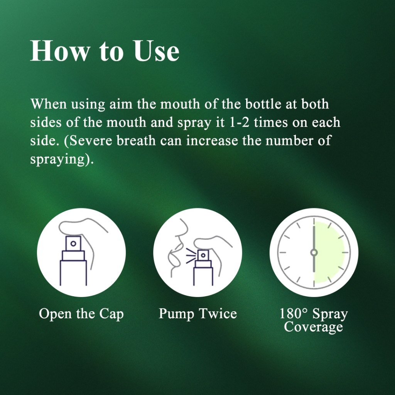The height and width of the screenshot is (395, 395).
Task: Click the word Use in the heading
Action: point(157,51)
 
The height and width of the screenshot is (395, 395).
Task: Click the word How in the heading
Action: point(60,51)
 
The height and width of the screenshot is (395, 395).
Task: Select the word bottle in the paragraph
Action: point(263,104)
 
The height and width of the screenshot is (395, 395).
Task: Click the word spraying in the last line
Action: point(57,160)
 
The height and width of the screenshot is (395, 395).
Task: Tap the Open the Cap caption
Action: point(81,314)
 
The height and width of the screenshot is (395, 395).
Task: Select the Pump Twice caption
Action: point(198,314)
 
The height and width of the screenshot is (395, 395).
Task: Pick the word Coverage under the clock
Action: point(313,327)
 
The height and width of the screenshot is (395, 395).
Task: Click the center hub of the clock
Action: point(314,252)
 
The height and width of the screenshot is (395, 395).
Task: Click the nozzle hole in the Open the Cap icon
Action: point(73,244)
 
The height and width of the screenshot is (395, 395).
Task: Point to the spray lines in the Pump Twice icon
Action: point(191,256)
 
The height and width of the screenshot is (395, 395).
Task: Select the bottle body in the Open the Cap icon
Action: point(73,273)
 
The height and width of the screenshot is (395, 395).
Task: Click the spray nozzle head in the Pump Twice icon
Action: point(203,255)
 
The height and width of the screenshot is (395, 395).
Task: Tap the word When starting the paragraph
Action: point(49,104)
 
